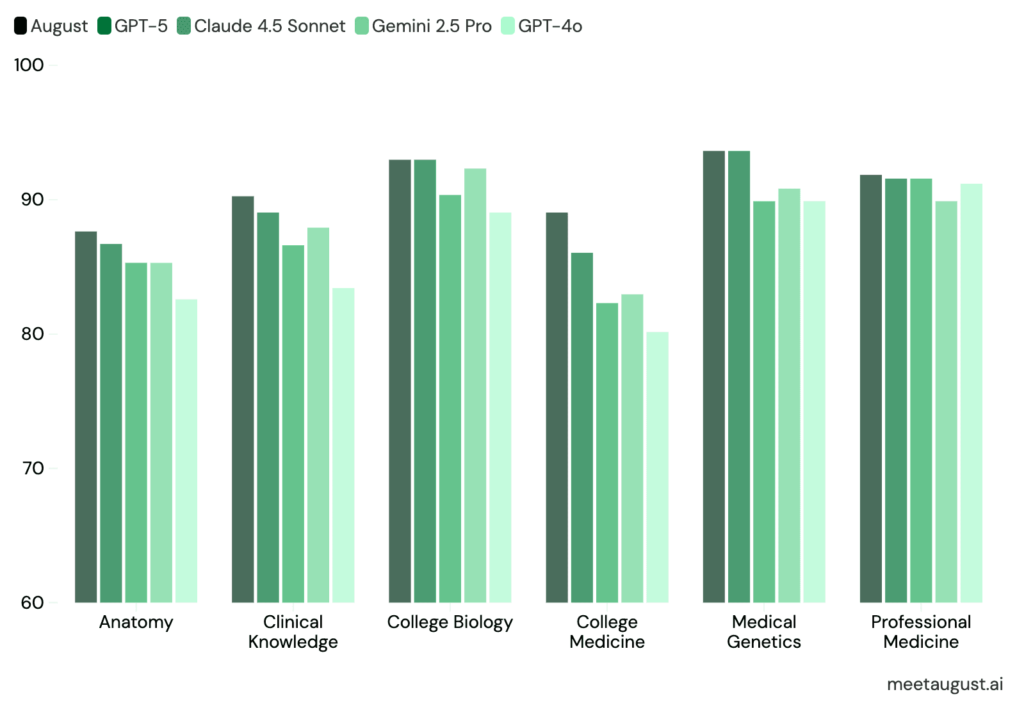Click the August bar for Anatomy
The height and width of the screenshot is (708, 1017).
[86, 416]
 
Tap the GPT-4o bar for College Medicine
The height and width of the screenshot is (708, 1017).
[657, 467]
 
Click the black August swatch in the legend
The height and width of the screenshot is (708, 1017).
[20, 26]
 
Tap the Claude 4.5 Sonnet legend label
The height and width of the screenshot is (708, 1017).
[270, 26]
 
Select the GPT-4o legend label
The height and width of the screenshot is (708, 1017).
[550, 26]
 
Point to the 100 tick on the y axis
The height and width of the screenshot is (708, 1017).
[29, 65]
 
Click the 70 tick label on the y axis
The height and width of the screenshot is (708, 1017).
[32, 468]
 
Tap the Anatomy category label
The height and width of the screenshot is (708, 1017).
[136, 622]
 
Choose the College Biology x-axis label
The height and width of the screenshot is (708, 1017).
[450, 622]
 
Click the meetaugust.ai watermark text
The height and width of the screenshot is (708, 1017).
[945, 684]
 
